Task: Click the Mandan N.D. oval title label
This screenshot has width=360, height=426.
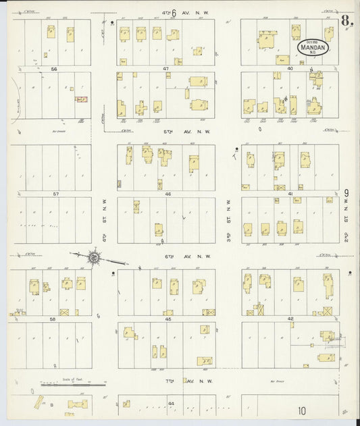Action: pyautogui.click(x=314, y=47)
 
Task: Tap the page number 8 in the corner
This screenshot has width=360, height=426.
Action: pyautogui.click(x=346, y=20)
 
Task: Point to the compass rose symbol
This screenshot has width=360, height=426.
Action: pyautogui.click(x=95, y=257)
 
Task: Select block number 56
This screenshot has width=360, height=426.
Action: pyautogui.click(x=53, y=69)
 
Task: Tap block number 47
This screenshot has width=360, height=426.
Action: pyautogui.click(x=165, y=69)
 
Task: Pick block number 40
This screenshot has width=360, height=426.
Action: pyautogui.click(x=290, y=69)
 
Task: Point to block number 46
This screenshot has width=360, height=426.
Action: pyautogui.click(x=165, y=194)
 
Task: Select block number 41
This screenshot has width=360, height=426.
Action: pyautogui.click(x=290, y=194)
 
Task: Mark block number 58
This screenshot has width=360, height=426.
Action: pyautogui.click(x=54, y=319)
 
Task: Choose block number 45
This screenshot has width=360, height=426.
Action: pyautogui.click(x=165, y=319)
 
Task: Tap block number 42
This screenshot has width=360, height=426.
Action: pyautogui.click(x=290, y=319)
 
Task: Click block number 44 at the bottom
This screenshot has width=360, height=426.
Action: pyautogui.click(x=171, y=403)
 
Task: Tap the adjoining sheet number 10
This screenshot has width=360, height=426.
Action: pyautogui.click(x=300, y=410)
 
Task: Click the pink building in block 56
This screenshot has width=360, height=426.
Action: pyautogui.click(x=82, y=99)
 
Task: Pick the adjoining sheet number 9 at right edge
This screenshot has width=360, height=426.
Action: pyautogui.click(x=346, y=193)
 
